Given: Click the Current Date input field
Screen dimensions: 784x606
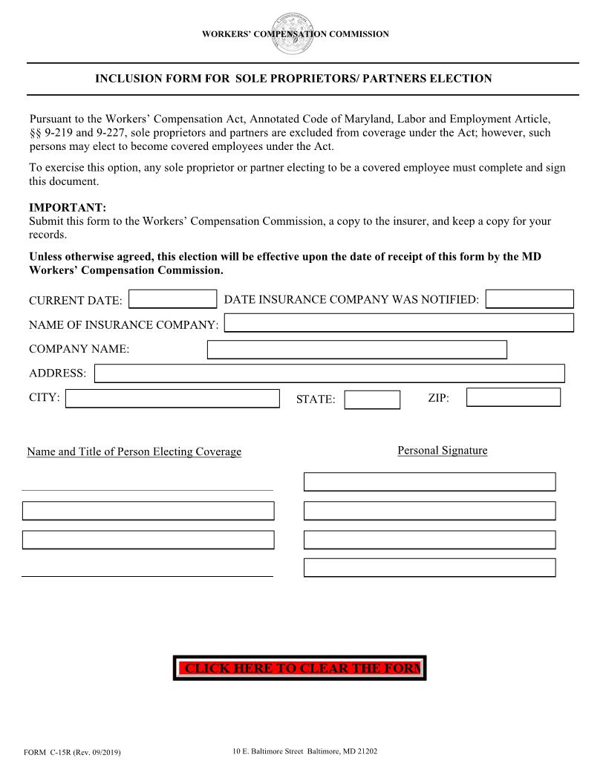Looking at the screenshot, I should point(172,299).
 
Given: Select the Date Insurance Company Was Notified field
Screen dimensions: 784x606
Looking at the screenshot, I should point(530,298).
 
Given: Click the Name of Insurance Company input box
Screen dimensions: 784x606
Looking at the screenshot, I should point(399,323).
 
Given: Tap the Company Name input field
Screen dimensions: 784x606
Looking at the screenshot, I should point(356,350).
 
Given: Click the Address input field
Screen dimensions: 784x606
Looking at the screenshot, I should point(329,373).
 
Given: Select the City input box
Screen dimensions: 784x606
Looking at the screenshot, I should point(172,399).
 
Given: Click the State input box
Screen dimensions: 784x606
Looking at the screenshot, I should point(372,400).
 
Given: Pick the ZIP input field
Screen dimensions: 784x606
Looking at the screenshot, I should point(513,397).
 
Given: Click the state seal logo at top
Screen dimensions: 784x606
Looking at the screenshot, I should point(293,33).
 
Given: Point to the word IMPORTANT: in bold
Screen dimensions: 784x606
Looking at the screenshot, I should point(68,208).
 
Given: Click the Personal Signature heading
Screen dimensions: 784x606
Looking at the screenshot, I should point(442,451).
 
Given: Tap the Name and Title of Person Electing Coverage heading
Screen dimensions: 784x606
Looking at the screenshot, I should point(134,451).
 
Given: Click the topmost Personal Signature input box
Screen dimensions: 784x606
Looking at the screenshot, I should point(429,482).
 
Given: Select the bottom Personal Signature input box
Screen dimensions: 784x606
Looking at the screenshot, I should point(429,568).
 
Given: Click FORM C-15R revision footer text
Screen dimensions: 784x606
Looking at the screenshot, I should point(72,753).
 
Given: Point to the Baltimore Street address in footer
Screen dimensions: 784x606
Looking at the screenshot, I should point(304,751).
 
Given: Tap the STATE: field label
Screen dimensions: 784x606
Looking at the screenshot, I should point(315,400).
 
